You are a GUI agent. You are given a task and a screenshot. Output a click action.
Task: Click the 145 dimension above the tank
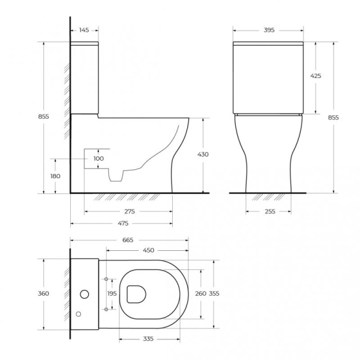click(x=84, y=30)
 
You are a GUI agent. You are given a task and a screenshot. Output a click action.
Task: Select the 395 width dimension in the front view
click(x=269, y=30)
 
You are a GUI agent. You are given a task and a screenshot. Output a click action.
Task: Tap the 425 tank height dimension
click(x=316, y=76)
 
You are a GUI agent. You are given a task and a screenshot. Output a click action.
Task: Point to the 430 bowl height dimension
click(x=203, y=154)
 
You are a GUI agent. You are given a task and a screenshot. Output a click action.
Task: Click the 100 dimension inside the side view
click(x=99, y=158)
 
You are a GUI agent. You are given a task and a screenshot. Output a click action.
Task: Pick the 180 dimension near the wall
click(x=55, y=176)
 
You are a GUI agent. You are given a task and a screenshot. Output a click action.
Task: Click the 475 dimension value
click(x=122, y=223)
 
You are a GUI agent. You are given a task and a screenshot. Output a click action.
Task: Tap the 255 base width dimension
click(x=269, y=211)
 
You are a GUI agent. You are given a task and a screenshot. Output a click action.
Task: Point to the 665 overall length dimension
click(x=128, y=240)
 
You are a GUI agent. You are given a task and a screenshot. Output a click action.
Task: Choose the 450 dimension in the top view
click(x=148, y=250)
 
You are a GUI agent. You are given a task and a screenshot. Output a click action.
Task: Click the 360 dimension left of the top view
click(x=43, y=293)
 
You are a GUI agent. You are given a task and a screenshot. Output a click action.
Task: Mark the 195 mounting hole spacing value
click(x=112, y=293)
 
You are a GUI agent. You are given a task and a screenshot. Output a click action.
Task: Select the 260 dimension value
click(x=200, y=293)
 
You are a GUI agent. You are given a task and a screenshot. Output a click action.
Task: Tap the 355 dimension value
click(x=216, y=293)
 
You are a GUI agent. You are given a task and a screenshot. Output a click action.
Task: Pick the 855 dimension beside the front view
click(x=334, y=118)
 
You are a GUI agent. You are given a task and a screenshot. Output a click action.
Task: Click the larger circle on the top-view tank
click(x=84, y=294)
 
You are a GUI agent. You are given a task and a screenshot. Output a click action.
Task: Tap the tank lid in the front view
click(x=269, y=44)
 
